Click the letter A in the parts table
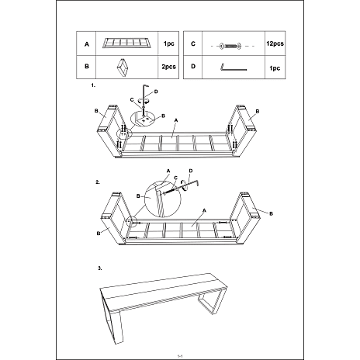pyautogui.click(x=87, y=44)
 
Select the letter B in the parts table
pyautogui.click(x=87, y=66)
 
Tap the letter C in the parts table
pyautogui.click(x=193, y=43)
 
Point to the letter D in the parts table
pyautogui.click(x=193, y=66)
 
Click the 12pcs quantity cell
pyautogui.click(x=275, y=43)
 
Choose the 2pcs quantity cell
pyautogui.click(x=168, y=67)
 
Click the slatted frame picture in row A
pyautogui.click(x=126, y=43)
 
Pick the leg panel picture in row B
pyautogui.click(x=122, y=67)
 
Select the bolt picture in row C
pyautogui.click(x=230, y=47)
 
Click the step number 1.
pyautogui.click(x=93, y=85)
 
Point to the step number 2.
pyautogui.click(x=98, y=182)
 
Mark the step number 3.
pyautogui.click(x=99, y=268)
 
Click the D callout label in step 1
pyautogui.click(x=156, y=92)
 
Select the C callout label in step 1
pyautogui.click(x=132, y=99)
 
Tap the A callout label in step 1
pyautogui.click(x=176, y=120)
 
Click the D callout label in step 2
pyautogui.click(x=191, y=171)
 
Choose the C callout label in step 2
pyautogui.click(x=175, y=178)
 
